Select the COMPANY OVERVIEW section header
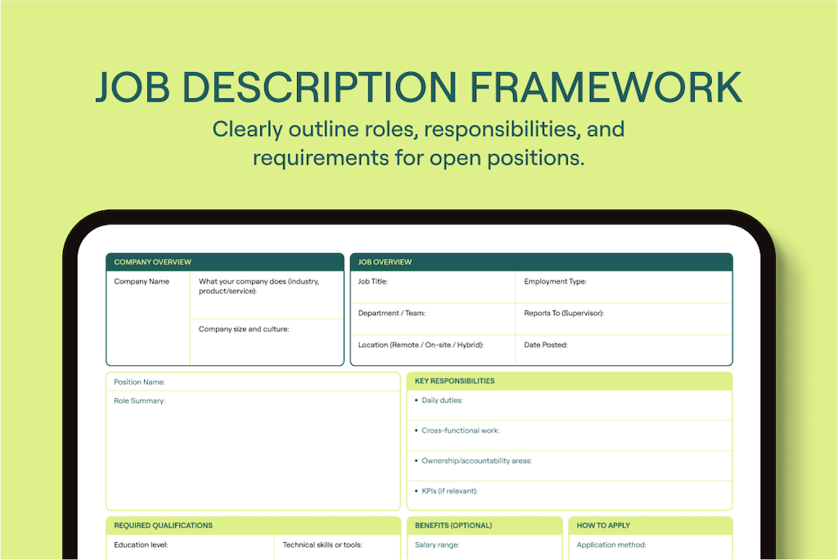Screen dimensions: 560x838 pos(152,262)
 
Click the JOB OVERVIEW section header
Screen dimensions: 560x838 pos(385,262)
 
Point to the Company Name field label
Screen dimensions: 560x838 pos(142,282)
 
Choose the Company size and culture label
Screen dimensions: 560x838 pos(244,329)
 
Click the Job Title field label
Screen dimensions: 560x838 pos(373,282)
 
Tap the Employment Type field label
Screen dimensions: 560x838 pos(555,282)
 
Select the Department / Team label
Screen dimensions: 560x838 pos(391,313)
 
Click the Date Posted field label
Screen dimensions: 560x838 pos(546,345)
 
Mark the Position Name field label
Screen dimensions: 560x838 pos(139,382)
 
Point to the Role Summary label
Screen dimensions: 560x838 pos(139,400)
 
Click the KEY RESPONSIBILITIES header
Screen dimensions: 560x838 pos(454,381)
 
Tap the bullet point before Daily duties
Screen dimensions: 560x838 pos(416,400)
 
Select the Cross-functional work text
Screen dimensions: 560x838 pos(460,431)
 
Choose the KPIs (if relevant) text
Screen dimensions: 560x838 pos(449,490)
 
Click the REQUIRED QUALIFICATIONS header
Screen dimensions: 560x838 pos(163,526)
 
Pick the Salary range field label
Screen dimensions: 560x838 pos(437,544)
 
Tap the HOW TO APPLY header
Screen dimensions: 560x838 pos(603,526)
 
